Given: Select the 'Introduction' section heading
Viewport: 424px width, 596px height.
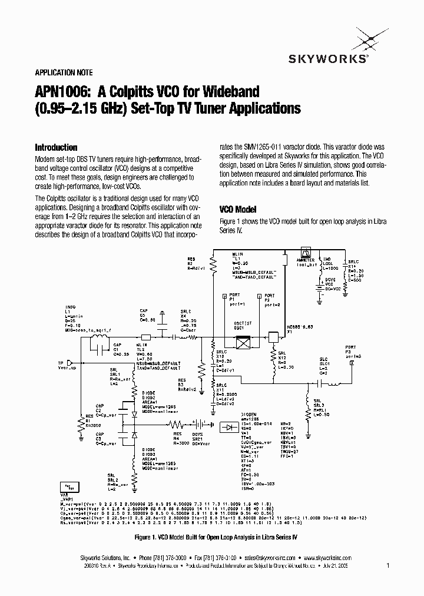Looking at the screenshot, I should click(56, 148).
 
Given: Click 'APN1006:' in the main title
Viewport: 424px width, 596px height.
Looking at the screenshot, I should click(59, 92).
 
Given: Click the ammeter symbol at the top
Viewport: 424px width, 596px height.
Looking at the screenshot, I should click(306, 251).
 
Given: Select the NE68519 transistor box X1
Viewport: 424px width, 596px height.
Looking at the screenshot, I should click(273, 337).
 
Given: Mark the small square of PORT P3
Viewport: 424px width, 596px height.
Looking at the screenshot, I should click(352, 363).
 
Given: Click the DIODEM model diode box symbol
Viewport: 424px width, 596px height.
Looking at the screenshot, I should click(228, 426).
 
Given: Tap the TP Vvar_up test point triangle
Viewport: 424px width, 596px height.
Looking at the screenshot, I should click(69, 362).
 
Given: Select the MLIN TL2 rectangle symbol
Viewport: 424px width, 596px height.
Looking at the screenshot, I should click(147, 337).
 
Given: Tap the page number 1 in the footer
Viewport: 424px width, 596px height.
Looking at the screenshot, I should click(387, 566).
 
